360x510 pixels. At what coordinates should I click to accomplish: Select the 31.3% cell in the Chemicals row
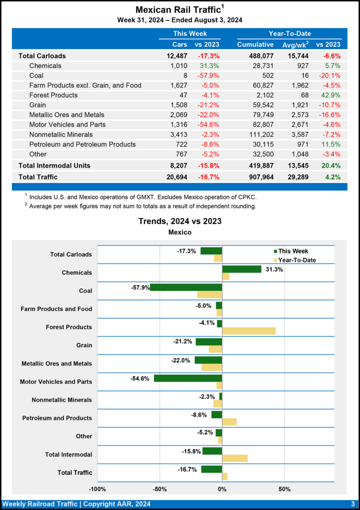click(x=210, y=66)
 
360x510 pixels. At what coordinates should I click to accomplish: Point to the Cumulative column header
click(x=255, y=45)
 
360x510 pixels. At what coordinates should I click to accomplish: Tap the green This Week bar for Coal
click(x=186, y=287)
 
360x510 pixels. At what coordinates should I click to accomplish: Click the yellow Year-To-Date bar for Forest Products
click(x=248, y=331)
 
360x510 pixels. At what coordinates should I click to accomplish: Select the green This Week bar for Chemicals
click(x=241, y=269)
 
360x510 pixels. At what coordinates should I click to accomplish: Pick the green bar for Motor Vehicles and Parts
click(x=188, y=378)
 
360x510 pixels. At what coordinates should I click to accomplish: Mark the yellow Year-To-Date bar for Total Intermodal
click(x=235, y=458)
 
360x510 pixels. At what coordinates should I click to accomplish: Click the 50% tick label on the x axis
click(x=284, y=489)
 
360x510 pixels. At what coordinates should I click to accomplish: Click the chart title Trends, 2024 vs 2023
click(x=180, y=222)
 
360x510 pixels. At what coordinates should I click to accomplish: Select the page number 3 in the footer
click(x=352, y=504)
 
